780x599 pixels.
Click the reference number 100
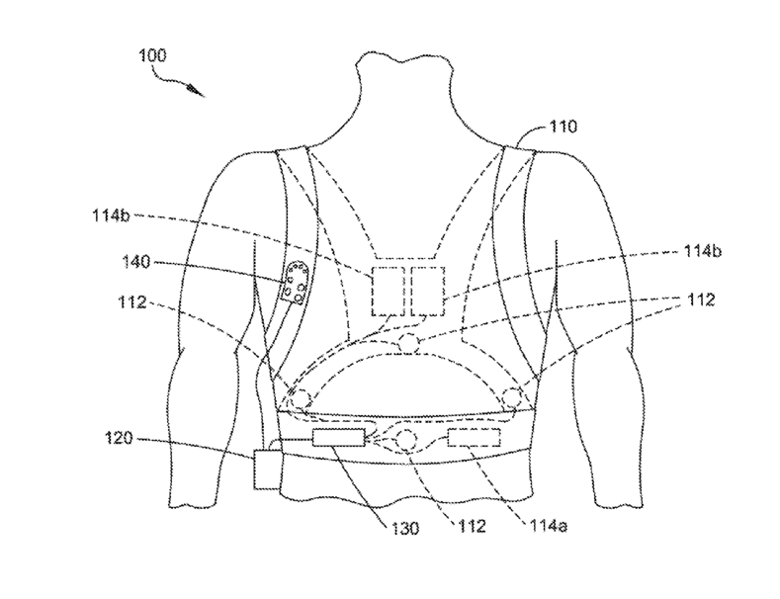pyautogui.click(x=153, y=55)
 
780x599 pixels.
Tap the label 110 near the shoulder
pyautogui.click(x=564, y=127)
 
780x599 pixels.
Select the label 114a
pyautogui.click(x=551, y=528)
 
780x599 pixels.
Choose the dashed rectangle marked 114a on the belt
pyautogui.click(x=477, y=437)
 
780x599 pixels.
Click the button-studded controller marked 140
pyautogui.click(x=295, y=284)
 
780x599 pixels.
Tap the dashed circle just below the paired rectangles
pyautogui.click(x=407, y=344)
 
